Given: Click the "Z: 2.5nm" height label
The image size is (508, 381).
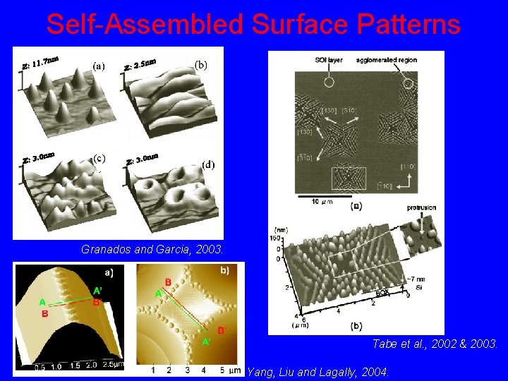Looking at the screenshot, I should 140,65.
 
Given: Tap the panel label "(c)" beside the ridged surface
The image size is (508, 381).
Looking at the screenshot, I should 99,158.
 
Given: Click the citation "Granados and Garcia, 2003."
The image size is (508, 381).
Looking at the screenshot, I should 152,249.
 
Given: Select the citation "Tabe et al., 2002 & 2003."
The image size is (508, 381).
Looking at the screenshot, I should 435,344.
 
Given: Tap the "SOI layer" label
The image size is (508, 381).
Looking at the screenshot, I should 329,60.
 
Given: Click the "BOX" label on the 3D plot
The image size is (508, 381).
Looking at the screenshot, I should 381,293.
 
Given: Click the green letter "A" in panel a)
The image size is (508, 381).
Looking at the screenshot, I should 43,302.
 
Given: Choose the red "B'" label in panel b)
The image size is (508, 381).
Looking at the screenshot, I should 222,330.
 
